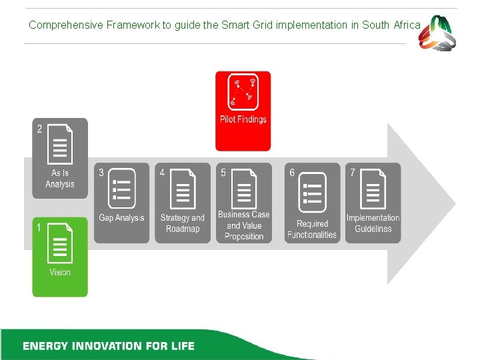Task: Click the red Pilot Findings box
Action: coord(243,111)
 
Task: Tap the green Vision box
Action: coord(60,257)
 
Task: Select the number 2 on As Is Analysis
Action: coord(39,129)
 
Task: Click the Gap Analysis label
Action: coord(121,218)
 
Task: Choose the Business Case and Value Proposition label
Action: coord(244,225)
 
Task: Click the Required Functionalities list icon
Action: coord(312,192)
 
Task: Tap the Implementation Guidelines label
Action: coord(373,223)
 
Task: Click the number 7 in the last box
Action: coord(353,173)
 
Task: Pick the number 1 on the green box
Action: coord(39,228)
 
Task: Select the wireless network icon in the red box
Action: coord(243,92)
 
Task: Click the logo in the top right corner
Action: coord(437,32)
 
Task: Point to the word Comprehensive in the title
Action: coord(64,25)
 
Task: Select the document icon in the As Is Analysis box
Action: coord(61,143)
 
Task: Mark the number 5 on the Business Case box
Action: coord(223,173)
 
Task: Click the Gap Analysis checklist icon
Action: coord(121,188)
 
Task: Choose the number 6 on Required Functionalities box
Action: coord(292,173)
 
